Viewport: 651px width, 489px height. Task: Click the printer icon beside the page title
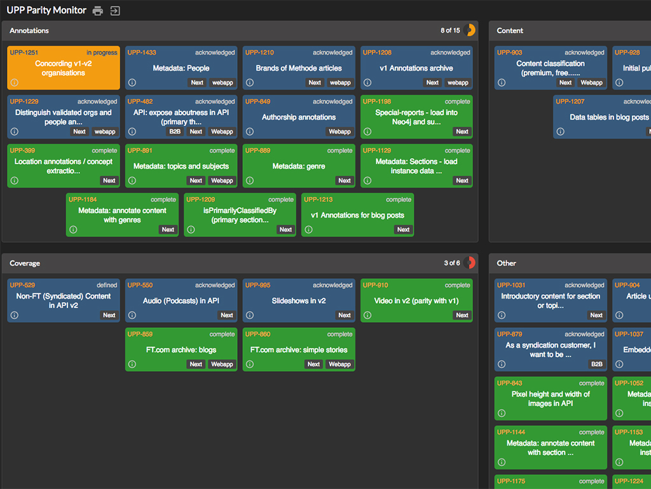(x=97, y=11)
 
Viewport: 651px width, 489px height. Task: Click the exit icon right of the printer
(x=115, y=11)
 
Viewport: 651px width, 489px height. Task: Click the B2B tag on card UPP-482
(x=175, y=132)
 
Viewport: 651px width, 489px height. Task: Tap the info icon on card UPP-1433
(x=132, y=83)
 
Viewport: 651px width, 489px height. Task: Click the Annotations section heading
(x=29, y=31)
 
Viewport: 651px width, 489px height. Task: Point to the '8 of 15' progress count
(x=450, y=31)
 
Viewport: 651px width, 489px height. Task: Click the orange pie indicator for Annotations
(x=470, y=31)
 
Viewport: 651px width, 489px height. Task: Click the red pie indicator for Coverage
(x=470, y=263)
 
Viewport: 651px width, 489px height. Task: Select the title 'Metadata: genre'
(x=299, y=166)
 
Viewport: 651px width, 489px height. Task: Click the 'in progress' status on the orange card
(x=102, y=53)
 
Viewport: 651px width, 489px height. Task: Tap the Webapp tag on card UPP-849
(x=339, y=132)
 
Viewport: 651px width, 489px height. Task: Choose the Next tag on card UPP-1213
(x=403, y=230)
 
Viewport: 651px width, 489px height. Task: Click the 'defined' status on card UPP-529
(x=107, y=285)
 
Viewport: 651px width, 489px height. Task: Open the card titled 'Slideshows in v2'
(x=299, y=301)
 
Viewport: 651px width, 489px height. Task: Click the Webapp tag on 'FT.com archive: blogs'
(x=222, y=364)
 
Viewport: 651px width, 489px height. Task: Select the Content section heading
(x=510, y=31)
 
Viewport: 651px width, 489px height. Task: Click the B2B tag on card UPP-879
(x=596, y=364)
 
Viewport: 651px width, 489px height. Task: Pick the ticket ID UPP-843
(x=510, y=383)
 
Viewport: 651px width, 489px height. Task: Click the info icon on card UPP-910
(x=367, y=315)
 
